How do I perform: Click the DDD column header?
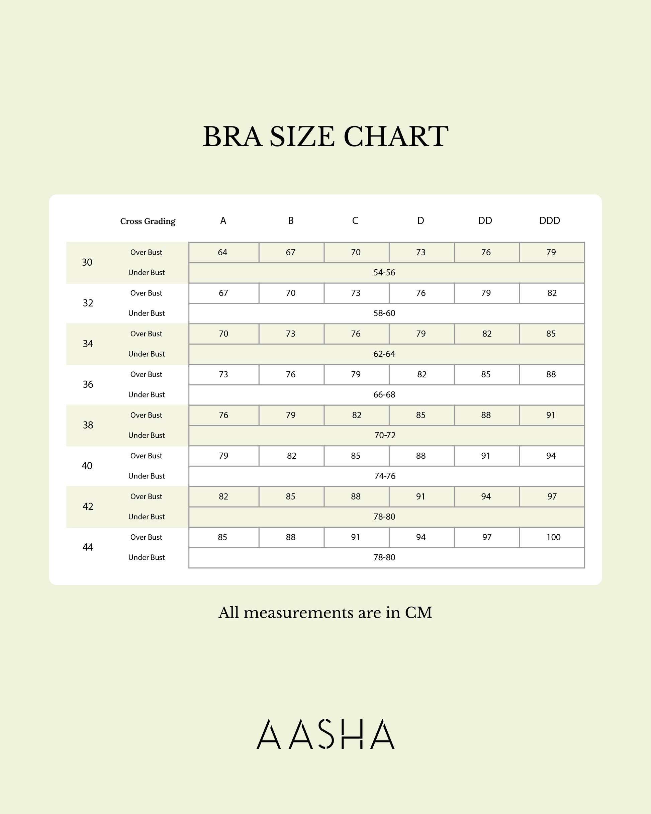(549, 220)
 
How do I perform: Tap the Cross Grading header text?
(148, 221)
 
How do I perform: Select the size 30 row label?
(87, 262)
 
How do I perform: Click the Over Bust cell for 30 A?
(223, 252)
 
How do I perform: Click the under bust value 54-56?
(384, 273)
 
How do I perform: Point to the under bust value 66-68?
(384, 394)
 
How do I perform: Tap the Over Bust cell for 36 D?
(422, 374)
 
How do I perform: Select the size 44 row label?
(88, 547)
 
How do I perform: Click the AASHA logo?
(325, 734)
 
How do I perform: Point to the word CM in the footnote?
(418, 613)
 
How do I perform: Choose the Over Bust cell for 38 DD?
(486, 415)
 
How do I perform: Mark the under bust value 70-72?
(385, 435)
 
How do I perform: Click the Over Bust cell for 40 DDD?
(551, 456)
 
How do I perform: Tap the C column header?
(355, 220)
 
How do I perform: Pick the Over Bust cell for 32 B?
(290, 293)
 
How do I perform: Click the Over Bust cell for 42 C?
(356, 496)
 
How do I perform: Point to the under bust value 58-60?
(384, 313)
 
